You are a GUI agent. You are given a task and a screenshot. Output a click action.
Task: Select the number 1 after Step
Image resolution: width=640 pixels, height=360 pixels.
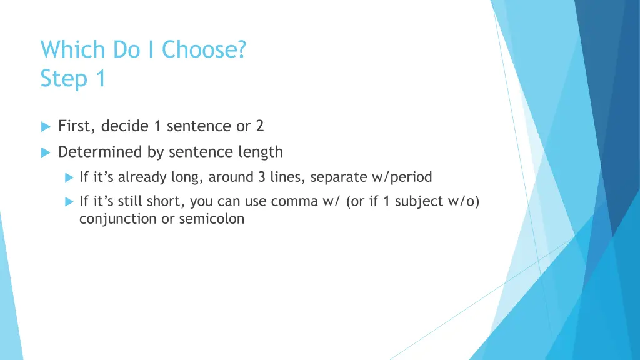pyautogui.click(x=99, y=79)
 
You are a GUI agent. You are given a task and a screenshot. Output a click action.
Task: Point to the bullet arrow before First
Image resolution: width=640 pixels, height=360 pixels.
pyautogui.click(x=45, y=126)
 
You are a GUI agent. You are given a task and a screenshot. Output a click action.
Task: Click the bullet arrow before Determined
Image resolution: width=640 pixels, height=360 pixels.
pyautogui.click(x=45, y=152)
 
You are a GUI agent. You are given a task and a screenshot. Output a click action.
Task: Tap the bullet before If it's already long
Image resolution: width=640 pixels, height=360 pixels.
pyautogui.click(x=69, y=177)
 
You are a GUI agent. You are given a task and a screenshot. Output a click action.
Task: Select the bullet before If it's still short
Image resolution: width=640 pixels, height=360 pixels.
pyautogui.click(x=69, y=201)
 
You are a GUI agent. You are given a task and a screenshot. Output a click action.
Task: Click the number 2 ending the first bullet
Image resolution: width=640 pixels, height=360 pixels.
pyautogui.click(x=259, y=126)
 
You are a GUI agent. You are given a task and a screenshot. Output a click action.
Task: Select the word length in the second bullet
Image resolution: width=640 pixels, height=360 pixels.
pyautogui.click(x=261, y=152)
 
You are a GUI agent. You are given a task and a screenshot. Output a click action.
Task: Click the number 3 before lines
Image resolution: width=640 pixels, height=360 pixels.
pyautogui.click(x=261, y=177)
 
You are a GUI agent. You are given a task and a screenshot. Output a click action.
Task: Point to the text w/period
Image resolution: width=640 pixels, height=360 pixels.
pyautogui.click(x=402, y=177)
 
